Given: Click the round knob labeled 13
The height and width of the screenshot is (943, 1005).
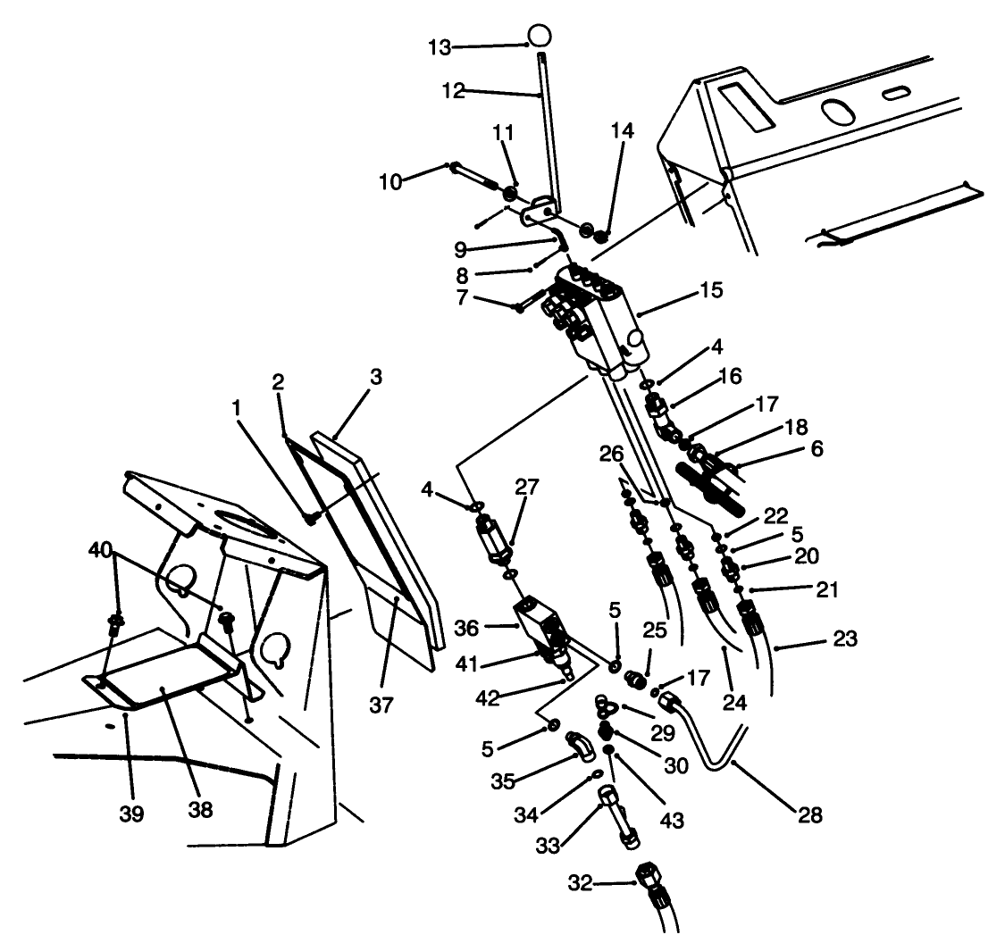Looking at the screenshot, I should point(539,36).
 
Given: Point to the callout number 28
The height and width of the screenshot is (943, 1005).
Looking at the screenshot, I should point(811,815).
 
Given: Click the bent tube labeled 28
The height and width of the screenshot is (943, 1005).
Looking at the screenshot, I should point(715,746).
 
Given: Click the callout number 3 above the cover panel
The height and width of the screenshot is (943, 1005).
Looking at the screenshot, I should point(375,377).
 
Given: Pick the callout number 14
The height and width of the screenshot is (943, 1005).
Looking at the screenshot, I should point(623,130).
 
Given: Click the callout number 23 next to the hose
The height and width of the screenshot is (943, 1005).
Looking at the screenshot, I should point(845,639).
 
